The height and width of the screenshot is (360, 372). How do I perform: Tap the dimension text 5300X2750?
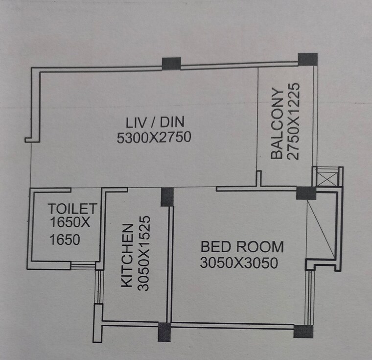point(154,138)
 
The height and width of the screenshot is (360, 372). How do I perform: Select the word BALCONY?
point(277,124)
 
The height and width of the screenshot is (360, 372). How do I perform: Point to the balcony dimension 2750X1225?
point(294,121)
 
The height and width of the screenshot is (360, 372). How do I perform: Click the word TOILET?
point(72,209)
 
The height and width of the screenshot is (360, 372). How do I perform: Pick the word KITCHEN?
point(127,255)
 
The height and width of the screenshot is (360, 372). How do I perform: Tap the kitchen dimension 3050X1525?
point(143,254)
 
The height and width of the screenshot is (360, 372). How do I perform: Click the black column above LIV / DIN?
point(171,64)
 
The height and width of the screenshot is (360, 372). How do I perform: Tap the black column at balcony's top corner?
point(308,59)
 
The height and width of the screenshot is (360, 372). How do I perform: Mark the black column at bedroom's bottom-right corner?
point(303,332)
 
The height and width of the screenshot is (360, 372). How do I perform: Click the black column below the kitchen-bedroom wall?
point(164,331)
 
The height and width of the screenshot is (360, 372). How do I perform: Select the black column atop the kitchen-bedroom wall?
point(167,196)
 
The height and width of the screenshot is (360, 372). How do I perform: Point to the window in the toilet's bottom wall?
point(83,265)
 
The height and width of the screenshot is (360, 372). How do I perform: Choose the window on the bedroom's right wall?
point(308,297)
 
